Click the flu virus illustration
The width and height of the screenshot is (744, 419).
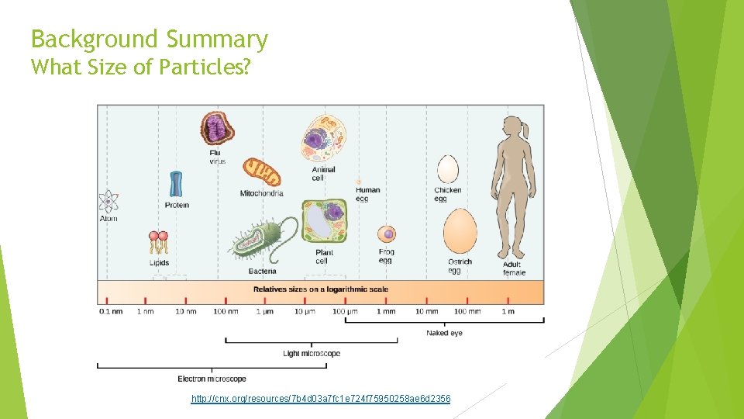[x=218, y=128]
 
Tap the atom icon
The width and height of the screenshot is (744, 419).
[x=108, y=202]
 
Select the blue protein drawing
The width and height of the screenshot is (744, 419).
[x=177, y=183]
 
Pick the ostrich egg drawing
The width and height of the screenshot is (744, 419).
[x=460, y=230]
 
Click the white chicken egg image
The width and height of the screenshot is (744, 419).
[x=448, y=169]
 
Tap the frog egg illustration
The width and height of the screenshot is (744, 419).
[x=386, y=234]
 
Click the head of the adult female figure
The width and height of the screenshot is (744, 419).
[x=512, y=130]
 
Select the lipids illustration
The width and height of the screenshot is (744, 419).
[x=159, y=242]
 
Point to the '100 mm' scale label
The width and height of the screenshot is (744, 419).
[x=467, y=312]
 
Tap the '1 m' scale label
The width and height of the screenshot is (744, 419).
[x=508, y=312]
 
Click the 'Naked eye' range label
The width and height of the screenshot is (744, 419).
[x=444, y=333]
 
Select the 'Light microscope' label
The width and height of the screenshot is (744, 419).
[x=312, y=354]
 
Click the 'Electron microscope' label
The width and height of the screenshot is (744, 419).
[x=212, y=379]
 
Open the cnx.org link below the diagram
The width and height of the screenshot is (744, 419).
[x=321, y=399]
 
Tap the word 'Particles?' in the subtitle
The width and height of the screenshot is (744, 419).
[x=205, y=68]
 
